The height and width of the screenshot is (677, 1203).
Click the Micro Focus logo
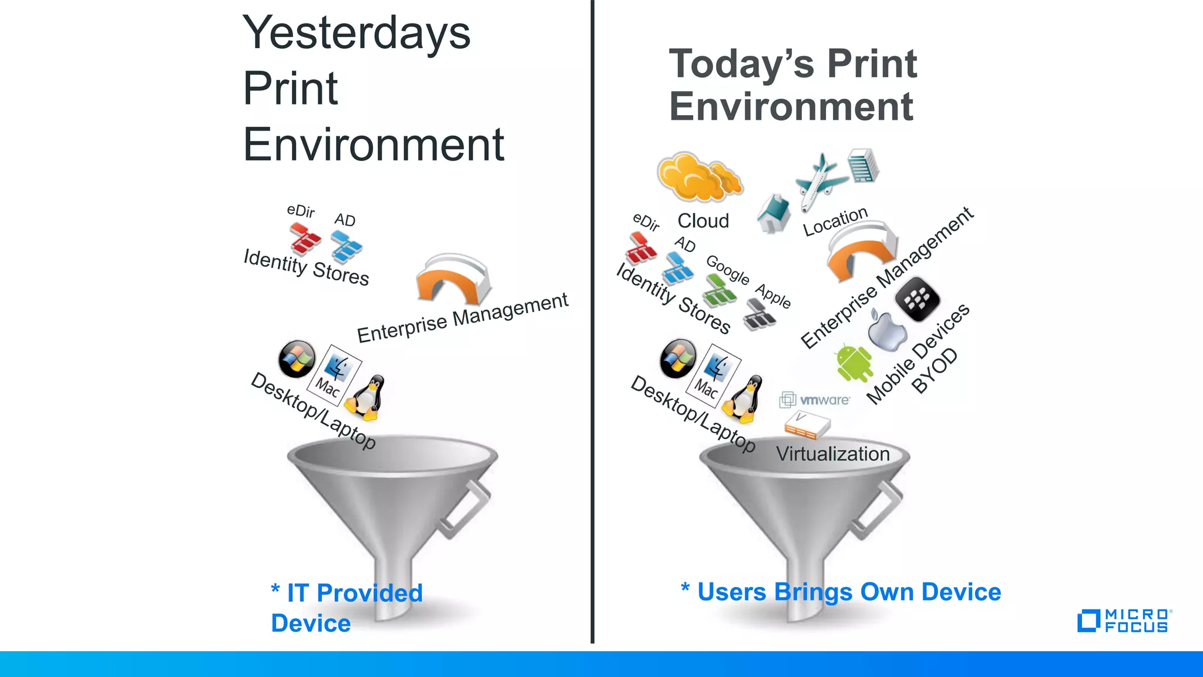[x=1123, y=621]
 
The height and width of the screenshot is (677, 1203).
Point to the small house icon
[x=774, y=214]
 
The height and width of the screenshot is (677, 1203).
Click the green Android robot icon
[x=853, y=363]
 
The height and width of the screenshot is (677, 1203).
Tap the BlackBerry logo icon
[x=917, y=299]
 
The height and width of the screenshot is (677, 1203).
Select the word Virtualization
[x=832, y=454]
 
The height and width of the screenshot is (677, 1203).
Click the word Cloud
[x=703, y=221]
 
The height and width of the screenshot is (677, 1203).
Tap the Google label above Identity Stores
[x=727, y=270]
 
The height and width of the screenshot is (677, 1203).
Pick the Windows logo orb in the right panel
[x=678, y=358]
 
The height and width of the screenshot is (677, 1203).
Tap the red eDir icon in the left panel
[x=305, y=239]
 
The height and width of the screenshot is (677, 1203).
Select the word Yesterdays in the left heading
[x=356, y=33]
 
